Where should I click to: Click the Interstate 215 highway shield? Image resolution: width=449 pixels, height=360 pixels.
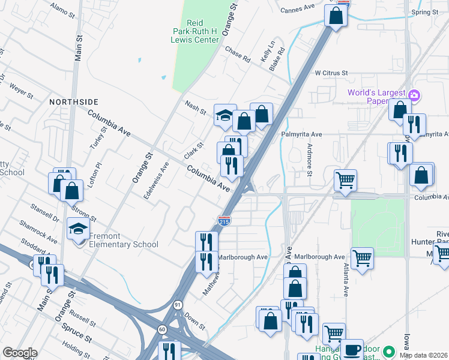click(x=224, y=221)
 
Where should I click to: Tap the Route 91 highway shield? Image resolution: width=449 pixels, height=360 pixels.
click(x=178, y=305)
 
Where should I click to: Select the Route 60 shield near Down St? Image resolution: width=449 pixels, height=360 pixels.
click(x=162, y=329)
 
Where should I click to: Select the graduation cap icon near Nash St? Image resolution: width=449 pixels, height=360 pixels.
click(x=224, y=115)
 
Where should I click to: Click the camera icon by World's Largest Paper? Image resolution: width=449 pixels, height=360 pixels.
click(x=414, y=95)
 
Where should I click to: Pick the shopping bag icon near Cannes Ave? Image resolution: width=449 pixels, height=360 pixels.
click(x=336, y=15)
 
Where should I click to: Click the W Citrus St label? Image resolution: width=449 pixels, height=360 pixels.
click(x=331, y=73)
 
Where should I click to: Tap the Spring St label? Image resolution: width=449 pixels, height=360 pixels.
click(x=425, y=12)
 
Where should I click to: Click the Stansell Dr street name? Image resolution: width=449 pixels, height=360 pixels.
click(x=46, y=213)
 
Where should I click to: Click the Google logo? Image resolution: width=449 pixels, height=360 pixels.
click(x=20, y=353)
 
